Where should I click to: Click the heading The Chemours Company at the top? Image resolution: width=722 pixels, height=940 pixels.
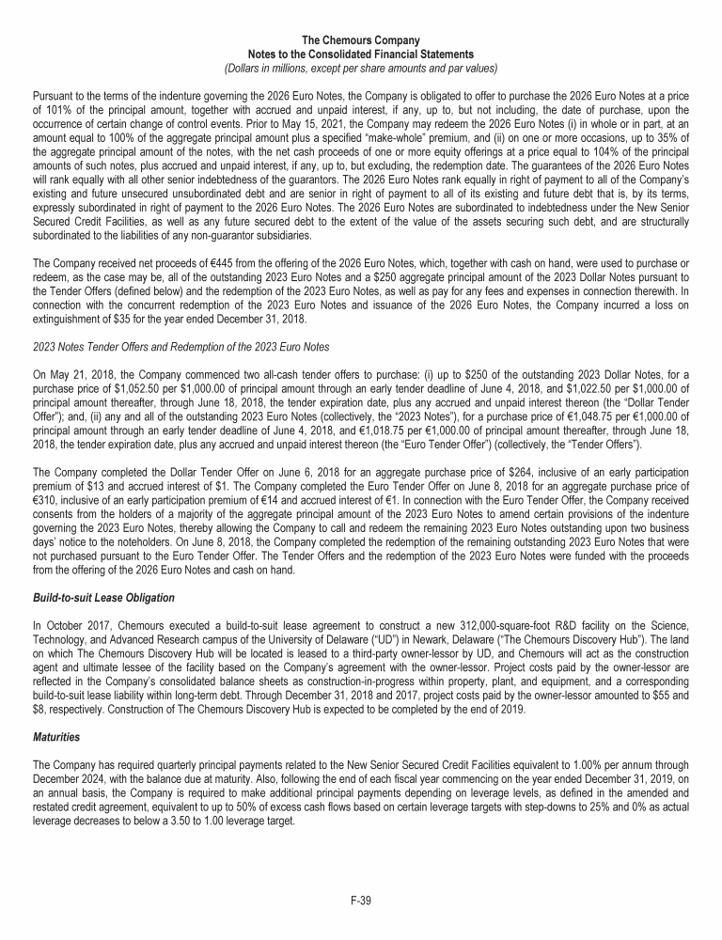[361, 41]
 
